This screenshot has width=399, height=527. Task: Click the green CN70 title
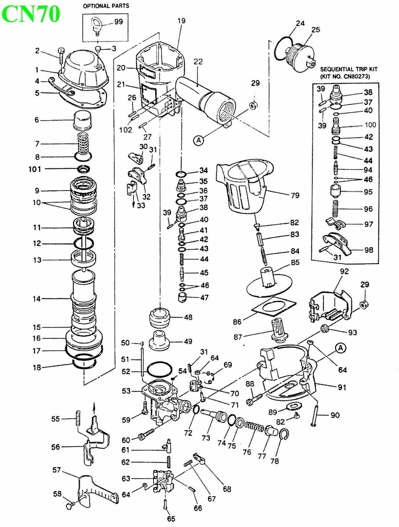point(31,14)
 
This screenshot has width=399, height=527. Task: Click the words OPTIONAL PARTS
point(106,6)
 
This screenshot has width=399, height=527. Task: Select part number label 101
point(35,169)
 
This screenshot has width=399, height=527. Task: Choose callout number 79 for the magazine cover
point(295,195)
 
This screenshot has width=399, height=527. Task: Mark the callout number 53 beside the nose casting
point(126,391)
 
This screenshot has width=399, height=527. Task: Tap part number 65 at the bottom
point(171,519)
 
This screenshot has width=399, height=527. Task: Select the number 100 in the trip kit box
point(370,125)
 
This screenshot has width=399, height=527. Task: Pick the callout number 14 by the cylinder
point(37,299)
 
